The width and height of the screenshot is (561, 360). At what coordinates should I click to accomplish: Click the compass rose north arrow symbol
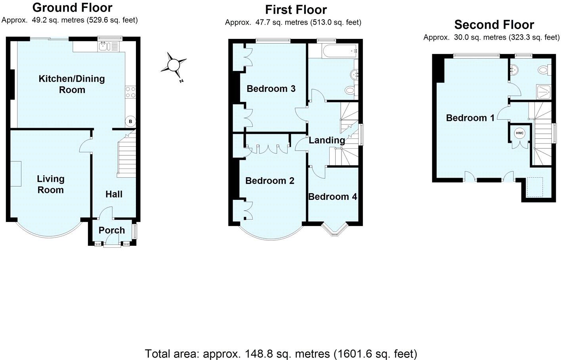coord(174,65)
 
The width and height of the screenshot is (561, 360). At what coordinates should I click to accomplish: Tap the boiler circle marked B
coord(130,121)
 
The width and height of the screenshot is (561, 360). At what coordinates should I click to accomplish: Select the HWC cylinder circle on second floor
coord(519,133)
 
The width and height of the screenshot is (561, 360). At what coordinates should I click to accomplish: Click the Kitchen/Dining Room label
coord(72,84)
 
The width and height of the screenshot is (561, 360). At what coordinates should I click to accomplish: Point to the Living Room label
coord(50,184)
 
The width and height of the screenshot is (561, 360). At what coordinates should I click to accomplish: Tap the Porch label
coord(112,230)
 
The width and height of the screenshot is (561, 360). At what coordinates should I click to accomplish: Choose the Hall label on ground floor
coord(114,194)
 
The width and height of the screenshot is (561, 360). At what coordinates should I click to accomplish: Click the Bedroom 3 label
coord(271,88)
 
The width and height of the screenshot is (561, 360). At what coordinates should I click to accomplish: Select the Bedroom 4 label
coord(332,197)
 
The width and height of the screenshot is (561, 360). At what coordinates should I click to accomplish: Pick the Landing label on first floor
coord(326,140)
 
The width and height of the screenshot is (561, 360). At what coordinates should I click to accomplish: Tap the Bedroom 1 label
coord(470,118)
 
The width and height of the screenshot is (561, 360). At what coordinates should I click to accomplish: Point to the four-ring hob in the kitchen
coord(130,92)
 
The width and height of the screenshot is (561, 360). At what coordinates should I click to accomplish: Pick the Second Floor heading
coord(494,25)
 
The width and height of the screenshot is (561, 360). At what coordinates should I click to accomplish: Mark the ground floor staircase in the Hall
coord(126,155)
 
